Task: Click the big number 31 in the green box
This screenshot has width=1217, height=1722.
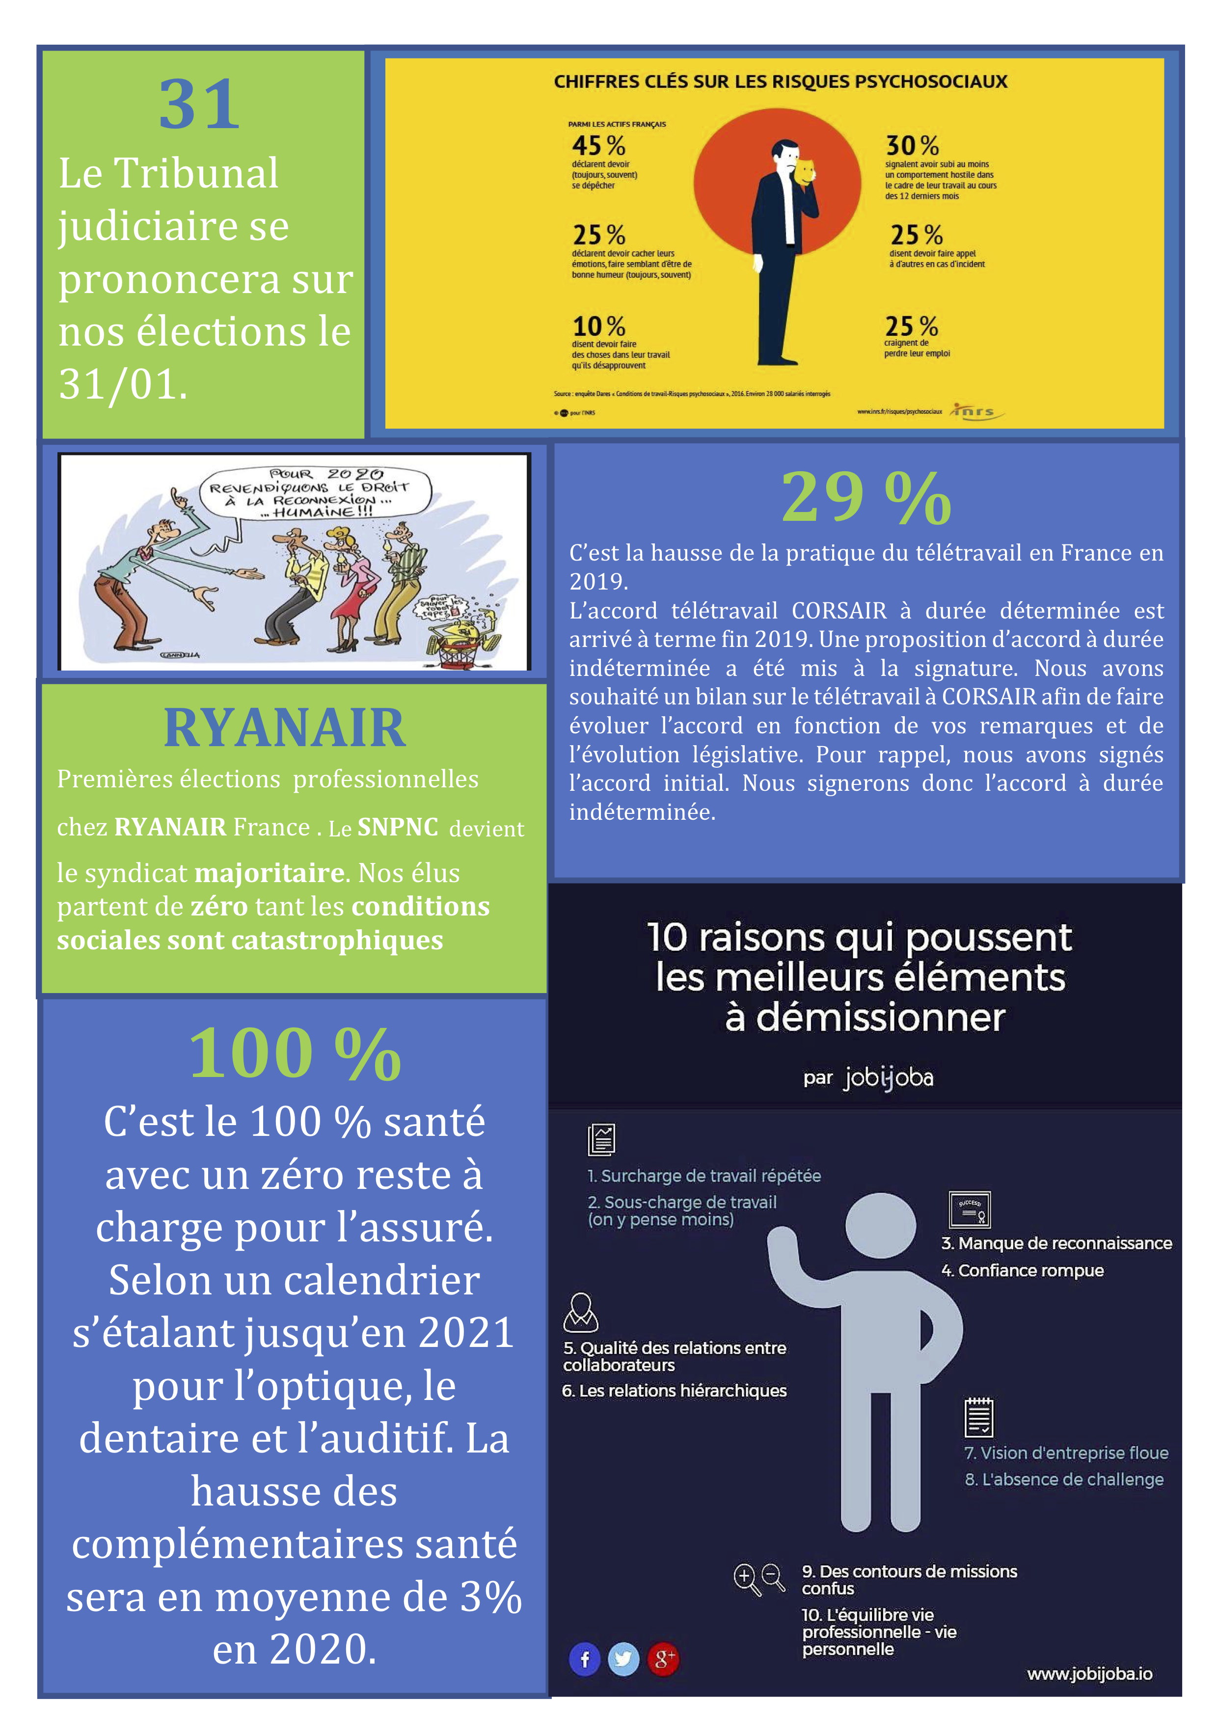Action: tap(199, 105)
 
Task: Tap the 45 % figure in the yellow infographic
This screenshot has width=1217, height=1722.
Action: tap(597, 145)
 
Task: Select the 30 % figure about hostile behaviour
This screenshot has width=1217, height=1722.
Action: tap(912, 145)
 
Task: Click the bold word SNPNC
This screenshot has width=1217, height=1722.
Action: tap(398, 827)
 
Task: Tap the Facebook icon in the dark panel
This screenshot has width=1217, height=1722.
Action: tap(585, 1659)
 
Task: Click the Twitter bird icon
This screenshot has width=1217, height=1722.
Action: tap(623, 1659)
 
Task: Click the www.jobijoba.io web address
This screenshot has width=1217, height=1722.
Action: tap(1089, 1674)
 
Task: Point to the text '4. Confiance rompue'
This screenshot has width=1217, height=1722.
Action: tap(1023, 1270)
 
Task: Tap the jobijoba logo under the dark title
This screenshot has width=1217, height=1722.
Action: tap(889, 1078)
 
